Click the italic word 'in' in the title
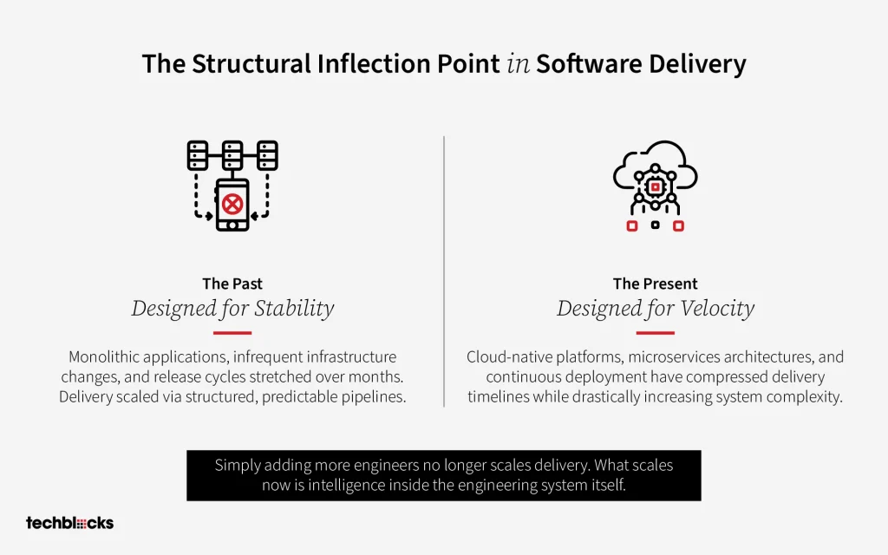click(519, 63)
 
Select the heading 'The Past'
click(232, 284)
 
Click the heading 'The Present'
click(656, 284)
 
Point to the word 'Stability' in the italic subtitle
click(294, 309)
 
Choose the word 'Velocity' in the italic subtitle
click(717, 309)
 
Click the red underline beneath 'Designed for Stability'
click(232, 333)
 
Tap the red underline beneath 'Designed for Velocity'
click(656, 333)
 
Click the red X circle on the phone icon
click(232, 204)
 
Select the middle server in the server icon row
click(232, 155)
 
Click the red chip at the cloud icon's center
click(656, 186)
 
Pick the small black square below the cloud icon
click(656, 225)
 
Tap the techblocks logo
click(69, 523)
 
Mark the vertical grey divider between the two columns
click(444, 271)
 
